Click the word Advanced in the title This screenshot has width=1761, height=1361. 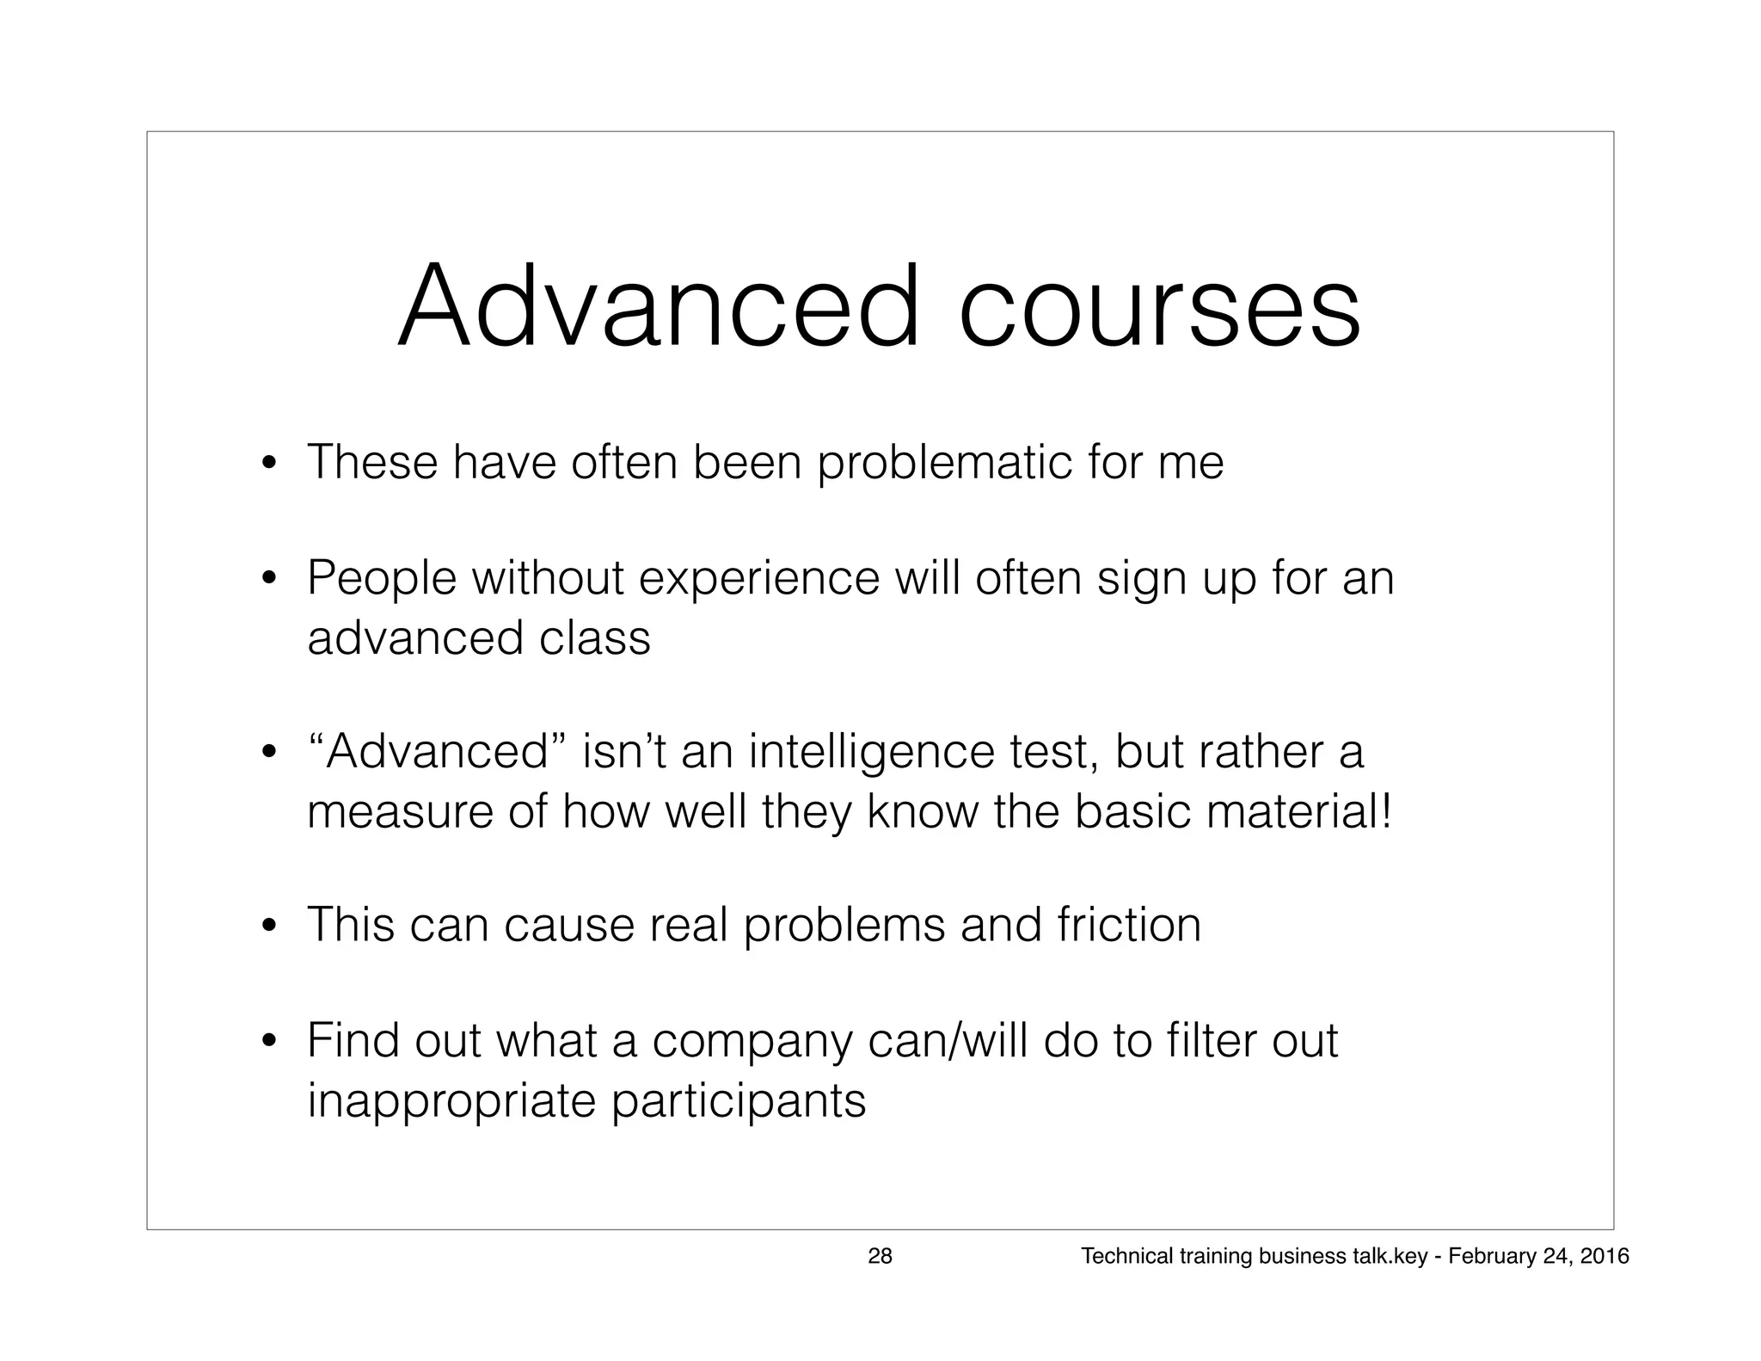pos(659,307)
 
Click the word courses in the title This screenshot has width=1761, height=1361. pos(1159,307)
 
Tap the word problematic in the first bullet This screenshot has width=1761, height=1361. pos(944,464)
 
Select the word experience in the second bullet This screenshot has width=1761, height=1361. pos(759,578)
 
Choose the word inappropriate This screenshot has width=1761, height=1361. pos(451,1102)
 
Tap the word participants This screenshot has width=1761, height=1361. pos(739,1102)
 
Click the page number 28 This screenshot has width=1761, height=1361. pos(880,1257)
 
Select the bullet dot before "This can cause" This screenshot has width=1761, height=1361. pos(270,927)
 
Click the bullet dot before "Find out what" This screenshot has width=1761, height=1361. pos(270,1044)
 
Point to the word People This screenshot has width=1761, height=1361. pos(382,578)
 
